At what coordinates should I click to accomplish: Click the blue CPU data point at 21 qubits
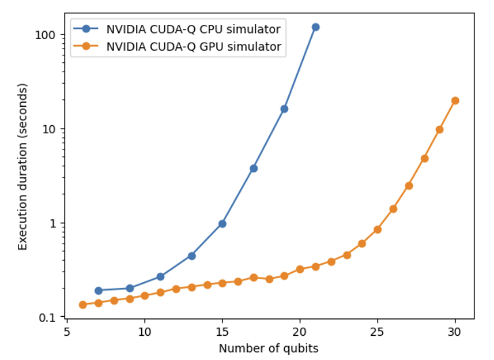point(315,27)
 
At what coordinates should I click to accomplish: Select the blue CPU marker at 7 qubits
point(99,291)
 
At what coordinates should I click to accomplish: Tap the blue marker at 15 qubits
point(223,224)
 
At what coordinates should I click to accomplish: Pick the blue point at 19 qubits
point(284,109)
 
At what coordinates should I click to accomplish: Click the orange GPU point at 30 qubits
point(455,100)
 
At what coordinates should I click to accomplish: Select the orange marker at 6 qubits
point(83,305)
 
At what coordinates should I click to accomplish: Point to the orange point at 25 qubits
point(378,230)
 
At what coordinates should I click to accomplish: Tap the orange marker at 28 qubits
point(424,158)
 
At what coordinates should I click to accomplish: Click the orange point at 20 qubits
point(300,269)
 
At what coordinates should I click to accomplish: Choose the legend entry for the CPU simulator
point(193,29)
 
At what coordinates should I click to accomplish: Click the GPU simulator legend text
point(193,47)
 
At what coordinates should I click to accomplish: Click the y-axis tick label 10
point(50,129)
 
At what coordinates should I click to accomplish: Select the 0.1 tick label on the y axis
point(48,317)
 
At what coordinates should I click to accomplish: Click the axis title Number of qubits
point(268,348)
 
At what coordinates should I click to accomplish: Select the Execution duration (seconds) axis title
point(22,166)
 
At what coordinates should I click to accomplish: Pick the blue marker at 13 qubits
point(191,256)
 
